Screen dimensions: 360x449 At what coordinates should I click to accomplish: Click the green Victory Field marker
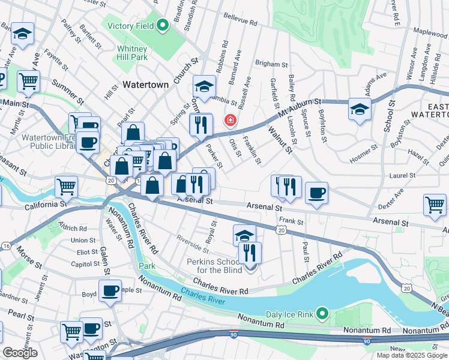pyautogui.click(x=161, y=25)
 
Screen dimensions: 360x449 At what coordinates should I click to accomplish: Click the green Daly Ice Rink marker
pyautogui.click(x=322, y=313)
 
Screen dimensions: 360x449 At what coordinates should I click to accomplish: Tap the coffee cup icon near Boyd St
pyautogui.click(x=110, y=291)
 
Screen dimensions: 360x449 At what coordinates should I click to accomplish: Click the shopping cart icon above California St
pyautogui.click(x=66, y=186)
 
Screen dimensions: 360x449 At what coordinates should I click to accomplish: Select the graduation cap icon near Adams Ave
pyautogui.click(x=360, y=110)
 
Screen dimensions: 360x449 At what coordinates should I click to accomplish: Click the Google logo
pyautogui.click(x=20, y=353)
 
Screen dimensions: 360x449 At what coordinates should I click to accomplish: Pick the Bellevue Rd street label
pyautogui.click(x=240, y=20)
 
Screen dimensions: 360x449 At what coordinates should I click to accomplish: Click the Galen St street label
pyautogui.click(x=106, y=262)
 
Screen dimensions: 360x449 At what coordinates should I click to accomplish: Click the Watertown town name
pyautogui.click(x=145, y=85)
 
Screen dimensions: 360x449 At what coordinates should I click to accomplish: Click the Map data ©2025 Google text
pyautogui.click(x=412, y=355)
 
